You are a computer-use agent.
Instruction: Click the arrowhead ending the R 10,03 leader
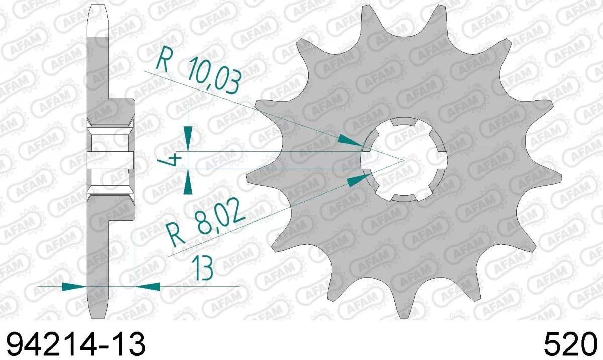pos(350,140)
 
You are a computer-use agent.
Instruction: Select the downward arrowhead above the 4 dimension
pos(188,138)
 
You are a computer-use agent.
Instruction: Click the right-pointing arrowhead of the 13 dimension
pos(73,287)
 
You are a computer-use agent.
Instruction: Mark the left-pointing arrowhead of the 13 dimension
pos(148,287)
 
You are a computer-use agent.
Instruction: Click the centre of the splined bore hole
pos(404,160)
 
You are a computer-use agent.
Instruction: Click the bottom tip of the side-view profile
pos(98,314)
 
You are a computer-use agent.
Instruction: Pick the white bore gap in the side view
pos(111,160)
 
